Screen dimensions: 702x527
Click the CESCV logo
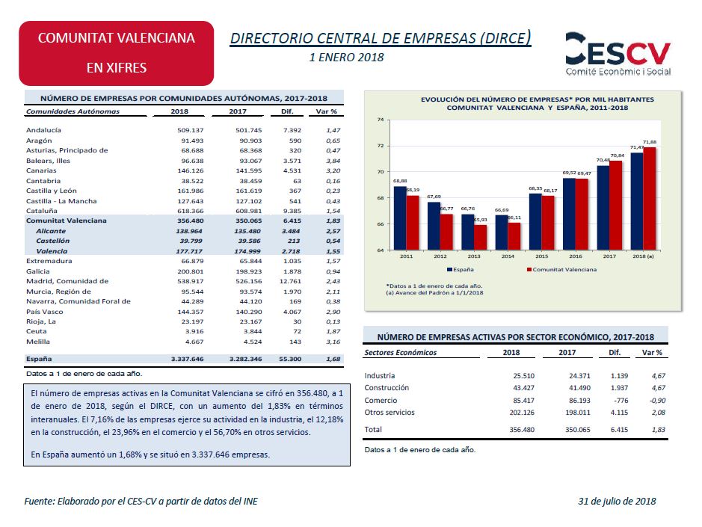pos(618,54)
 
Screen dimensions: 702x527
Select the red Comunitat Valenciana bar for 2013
pos(481,237)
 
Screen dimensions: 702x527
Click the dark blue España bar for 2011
pos(400,218)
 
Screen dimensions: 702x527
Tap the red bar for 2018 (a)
pos(649,198)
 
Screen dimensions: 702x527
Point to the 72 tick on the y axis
pos(381,146)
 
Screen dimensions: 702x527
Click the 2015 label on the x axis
pos(542,256)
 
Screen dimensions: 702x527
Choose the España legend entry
pos(461,270)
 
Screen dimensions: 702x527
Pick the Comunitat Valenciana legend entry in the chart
pos(562,270)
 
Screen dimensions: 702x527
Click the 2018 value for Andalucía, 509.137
pos(191,130)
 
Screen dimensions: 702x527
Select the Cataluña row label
pos(42,211)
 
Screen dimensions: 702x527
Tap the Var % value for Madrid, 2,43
pos(333,281)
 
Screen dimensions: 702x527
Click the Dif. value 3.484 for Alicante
pos(292,231)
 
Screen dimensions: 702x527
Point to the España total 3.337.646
pos(187,359)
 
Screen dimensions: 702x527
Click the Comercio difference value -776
pos(621,400)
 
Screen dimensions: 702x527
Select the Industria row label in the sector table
pos(380,376)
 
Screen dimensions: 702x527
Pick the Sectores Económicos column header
pos(401,352)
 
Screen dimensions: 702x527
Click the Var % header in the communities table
pos(326,111)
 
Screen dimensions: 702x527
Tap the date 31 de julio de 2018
pos(617,501)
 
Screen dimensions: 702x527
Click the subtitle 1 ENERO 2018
pos(347,58)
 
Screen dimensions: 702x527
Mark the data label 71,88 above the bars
pos(650,142)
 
